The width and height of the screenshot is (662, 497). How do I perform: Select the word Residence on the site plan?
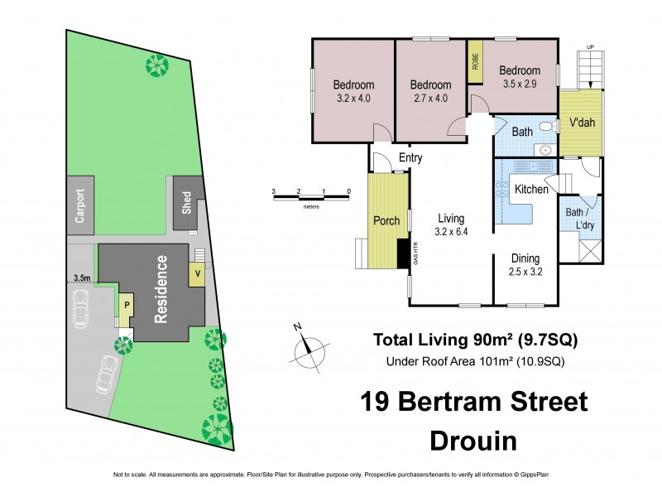162,287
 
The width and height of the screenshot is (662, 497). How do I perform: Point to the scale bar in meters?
311,196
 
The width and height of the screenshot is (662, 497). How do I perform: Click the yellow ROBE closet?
475,61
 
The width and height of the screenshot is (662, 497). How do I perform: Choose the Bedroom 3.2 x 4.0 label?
353,91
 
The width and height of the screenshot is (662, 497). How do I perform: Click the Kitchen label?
531,190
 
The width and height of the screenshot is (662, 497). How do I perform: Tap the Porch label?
387,221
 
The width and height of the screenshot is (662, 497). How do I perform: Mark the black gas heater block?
403,253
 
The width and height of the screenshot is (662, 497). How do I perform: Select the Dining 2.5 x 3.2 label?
525,263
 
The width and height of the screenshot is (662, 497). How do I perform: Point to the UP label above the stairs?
590,46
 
